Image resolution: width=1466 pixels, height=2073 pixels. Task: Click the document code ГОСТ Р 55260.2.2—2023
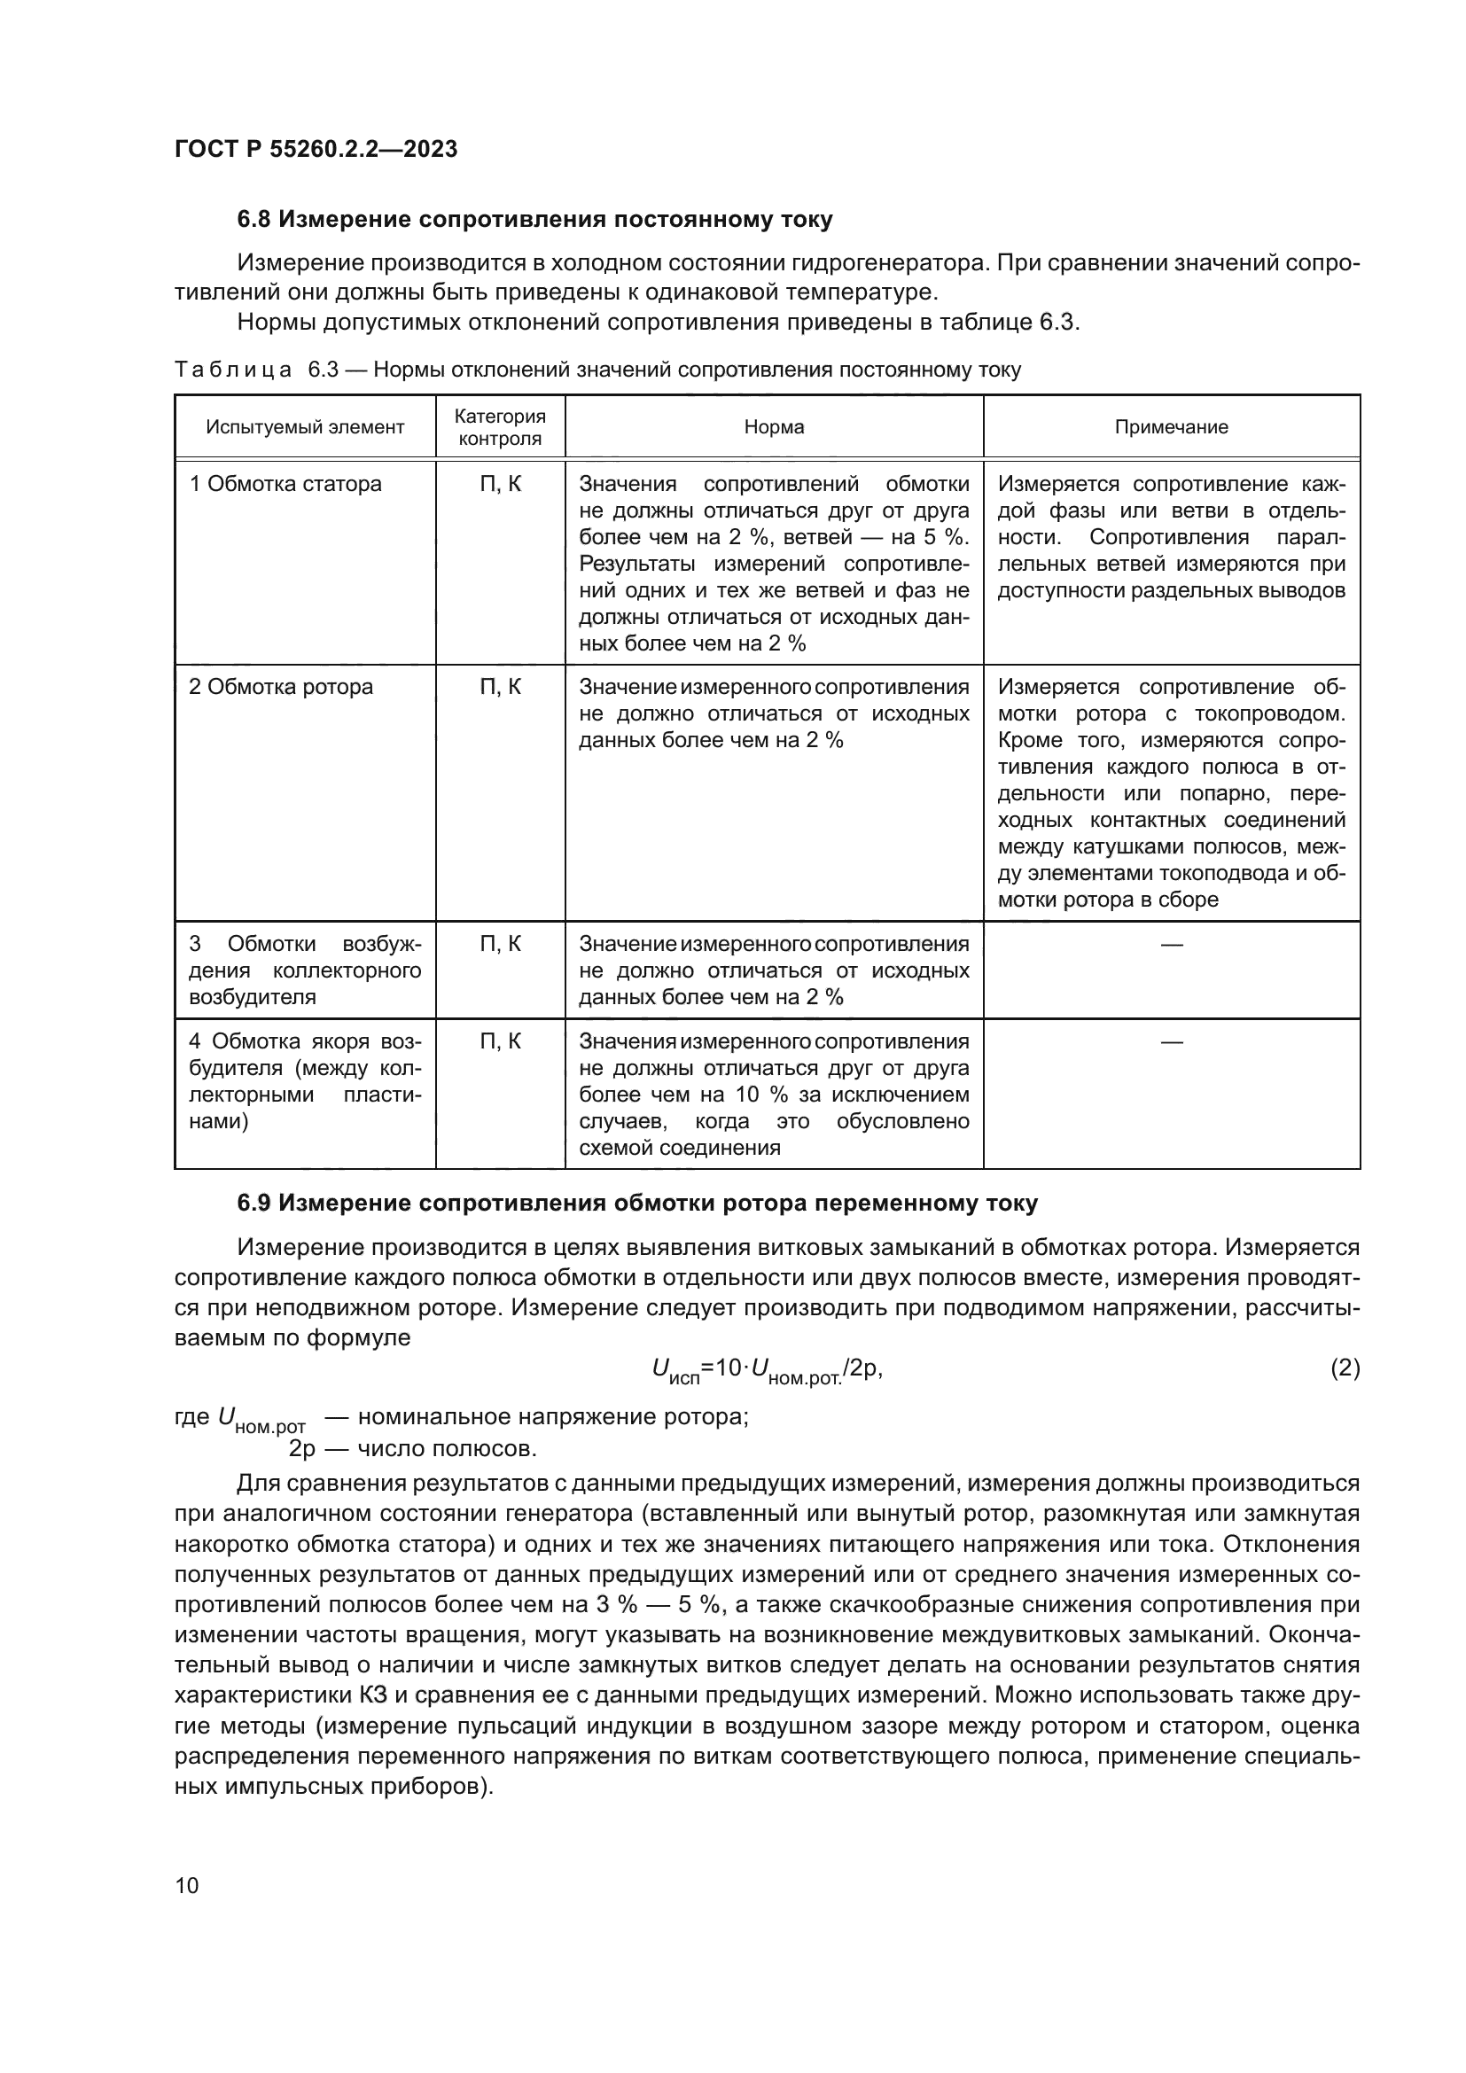[316, 149]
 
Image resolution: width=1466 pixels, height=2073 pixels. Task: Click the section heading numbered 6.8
[534, 220]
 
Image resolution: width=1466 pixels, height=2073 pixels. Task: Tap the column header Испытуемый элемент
[305, 427]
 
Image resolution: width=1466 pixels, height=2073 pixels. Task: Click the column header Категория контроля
[500, 427]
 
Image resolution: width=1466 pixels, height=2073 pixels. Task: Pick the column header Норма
[774, 427]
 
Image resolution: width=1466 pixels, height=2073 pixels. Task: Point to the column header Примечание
[1171, 427]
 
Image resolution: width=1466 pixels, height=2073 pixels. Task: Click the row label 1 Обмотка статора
[285, 484]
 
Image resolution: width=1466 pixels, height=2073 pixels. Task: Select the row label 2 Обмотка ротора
[281, 687]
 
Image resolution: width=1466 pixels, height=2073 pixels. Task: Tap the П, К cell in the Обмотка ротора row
[500, 687]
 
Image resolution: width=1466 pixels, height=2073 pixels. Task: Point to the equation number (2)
[1345, 1368]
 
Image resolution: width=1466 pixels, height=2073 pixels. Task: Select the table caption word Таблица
[233, 370]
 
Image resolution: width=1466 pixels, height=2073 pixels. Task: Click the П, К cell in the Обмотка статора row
[500, 484]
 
